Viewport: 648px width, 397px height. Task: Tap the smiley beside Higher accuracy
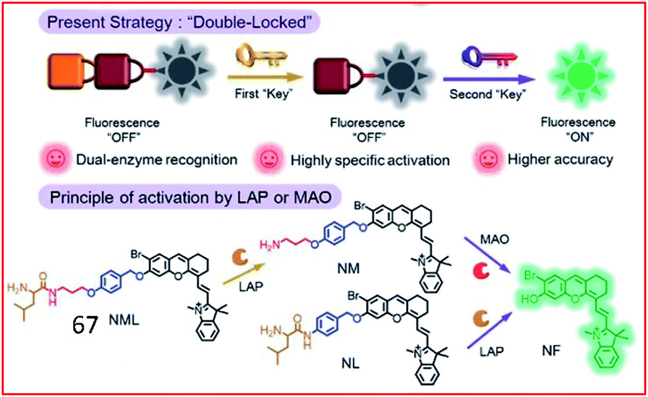[x=488, y=159]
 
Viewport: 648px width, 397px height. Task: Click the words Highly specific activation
[x=370, y=160]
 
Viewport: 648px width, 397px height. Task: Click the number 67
[x=86, y=326]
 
